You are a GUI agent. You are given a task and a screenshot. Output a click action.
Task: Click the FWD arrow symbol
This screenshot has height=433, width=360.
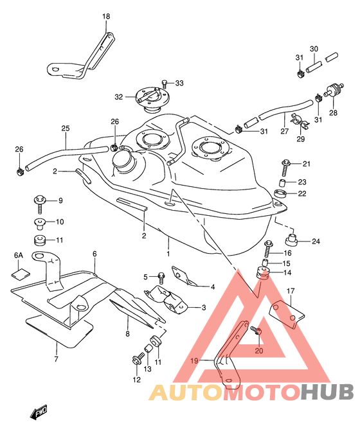(39, 412)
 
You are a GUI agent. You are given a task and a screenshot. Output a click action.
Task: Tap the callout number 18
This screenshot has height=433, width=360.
(106, 17)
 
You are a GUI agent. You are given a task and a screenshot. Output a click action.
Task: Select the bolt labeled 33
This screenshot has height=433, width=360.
(165, 84)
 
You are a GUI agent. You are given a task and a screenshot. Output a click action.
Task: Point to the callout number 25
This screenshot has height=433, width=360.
(66, 128)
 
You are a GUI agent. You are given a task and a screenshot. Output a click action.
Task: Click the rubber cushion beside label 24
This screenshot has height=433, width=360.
(291, 240)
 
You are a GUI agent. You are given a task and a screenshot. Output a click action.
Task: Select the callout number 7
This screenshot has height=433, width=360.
(57, 359)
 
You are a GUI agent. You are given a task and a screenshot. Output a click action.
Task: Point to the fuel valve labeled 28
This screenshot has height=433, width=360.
(334, 91)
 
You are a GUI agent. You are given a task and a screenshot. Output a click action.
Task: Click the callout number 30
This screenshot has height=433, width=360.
(314, 49)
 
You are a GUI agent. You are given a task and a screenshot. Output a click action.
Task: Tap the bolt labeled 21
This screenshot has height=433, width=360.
(285, 167)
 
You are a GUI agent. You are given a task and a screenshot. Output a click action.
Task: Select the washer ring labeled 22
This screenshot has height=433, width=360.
(280, 193)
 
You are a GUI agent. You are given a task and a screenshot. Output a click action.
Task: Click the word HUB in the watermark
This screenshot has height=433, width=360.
(327, 392)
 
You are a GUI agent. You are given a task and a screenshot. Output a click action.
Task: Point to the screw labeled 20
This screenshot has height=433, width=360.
(256, 330)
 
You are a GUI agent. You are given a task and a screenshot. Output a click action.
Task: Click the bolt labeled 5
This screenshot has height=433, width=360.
(161, 278)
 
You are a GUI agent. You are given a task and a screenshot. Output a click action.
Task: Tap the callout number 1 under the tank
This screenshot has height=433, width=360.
(168, 254)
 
